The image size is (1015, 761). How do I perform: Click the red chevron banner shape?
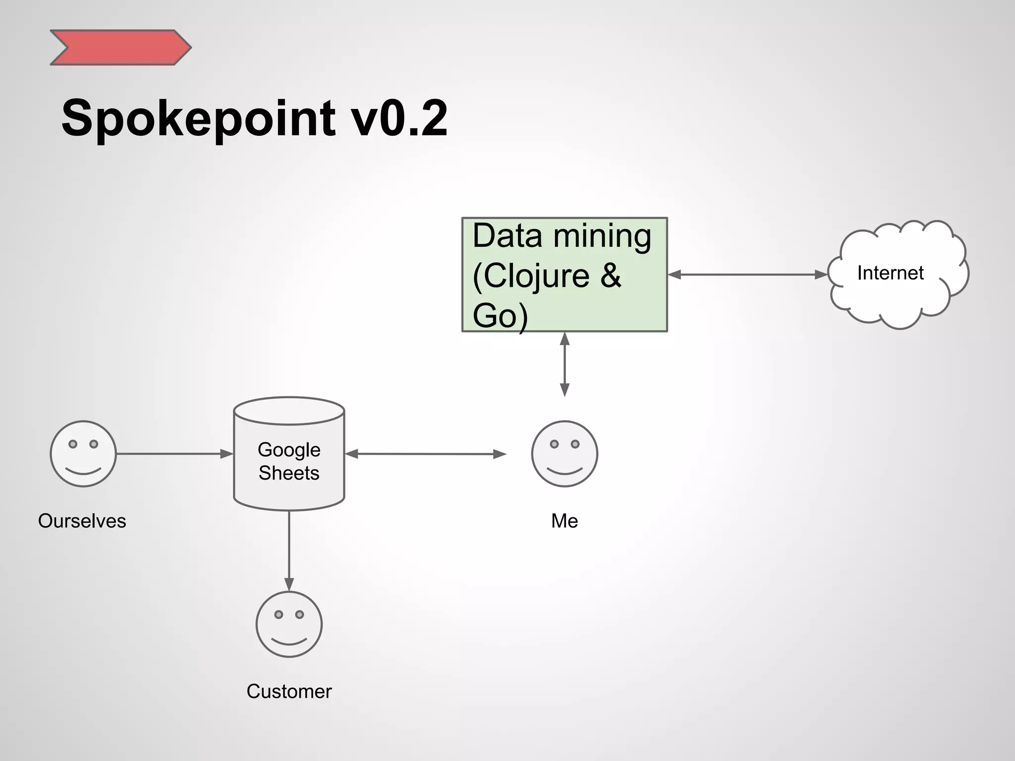click(120, 48)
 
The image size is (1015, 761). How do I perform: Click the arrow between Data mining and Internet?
click(747, 274)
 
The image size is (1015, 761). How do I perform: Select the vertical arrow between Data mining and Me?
click(564, 365)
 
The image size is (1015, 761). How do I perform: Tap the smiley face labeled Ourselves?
click(83, 454)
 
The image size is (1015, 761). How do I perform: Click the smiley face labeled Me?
click(564, 454)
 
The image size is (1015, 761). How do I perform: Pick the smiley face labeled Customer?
click(289, 624)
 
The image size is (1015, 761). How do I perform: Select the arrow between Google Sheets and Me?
click(425, 454)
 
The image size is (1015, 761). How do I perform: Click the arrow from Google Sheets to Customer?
click(289, 550)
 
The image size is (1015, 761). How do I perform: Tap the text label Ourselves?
click(82, 521)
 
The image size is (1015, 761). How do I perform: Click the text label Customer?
click(289, 692)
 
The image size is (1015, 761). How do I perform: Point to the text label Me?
click(564, 521)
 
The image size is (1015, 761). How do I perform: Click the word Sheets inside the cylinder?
click(289, 473)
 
